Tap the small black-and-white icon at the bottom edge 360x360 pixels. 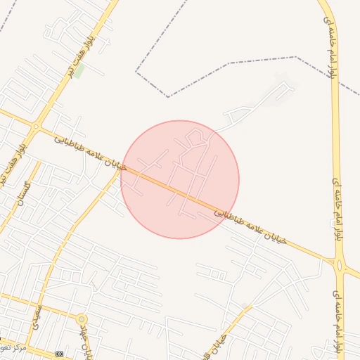[x=59, y=353]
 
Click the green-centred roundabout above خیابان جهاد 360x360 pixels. [x=81, y=319]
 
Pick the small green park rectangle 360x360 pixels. [x=80, y=71]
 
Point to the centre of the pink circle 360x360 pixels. [x=180, y=179]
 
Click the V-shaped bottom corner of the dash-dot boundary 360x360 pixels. [x=167, y=96]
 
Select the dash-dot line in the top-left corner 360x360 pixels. [x=6, y=27]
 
